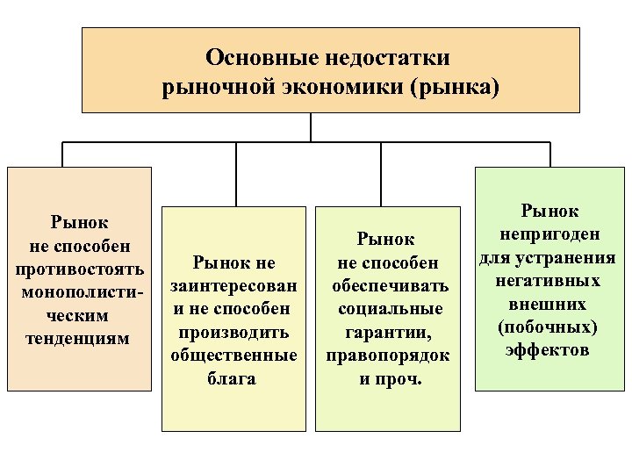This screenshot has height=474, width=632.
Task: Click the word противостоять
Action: [x=80, y=267]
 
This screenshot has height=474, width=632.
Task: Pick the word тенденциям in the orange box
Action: [x=79, y=337]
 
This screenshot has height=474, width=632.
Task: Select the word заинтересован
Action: [x=234, y=285]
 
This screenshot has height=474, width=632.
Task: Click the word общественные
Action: [x=234, y=355]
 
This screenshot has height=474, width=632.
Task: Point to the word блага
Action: [x=234, y=379]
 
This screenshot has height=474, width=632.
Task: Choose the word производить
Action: [x=234, y=333]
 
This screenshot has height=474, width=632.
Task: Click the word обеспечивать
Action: [x=390, y=286]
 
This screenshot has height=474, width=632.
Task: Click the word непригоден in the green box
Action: [x=549, y=233]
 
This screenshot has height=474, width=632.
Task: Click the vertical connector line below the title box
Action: [x=311, y=127]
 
